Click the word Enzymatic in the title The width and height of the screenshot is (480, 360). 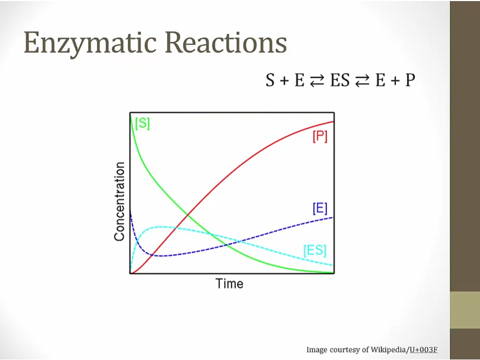click(x=91, y=43)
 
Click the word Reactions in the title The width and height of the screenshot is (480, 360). click(x=226, y=42)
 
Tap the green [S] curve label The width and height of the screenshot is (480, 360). click(x=142, y=123)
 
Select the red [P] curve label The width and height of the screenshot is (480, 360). click(x=320, y=136)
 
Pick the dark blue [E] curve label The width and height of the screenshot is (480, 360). click(x=320, y=209)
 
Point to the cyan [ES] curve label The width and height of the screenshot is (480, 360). click(x=315, y=250)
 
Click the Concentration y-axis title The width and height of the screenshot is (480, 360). click(x=119, y=202)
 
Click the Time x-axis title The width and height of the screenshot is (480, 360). click(x=229, y=284)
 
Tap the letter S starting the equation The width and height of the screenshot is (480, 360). click(x=270, y=80)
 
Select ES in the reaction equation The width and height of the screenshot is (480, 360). click(x=340, y=80)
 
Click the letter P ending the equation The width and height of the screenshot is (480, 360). click(x=411, y=80)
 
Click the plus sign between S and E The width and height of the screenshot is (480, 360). click(x=284, y=81)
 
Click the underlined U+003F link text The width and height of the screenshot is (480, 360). click(x=423, y=349)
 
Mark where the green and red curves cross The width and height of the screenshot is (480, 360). click(x=187, y=215)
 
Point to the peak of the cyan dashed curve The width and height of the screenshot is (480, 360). click(x=159, y=227)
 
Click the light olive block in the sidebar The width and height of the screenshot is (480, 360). click(x=465, y=310)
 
